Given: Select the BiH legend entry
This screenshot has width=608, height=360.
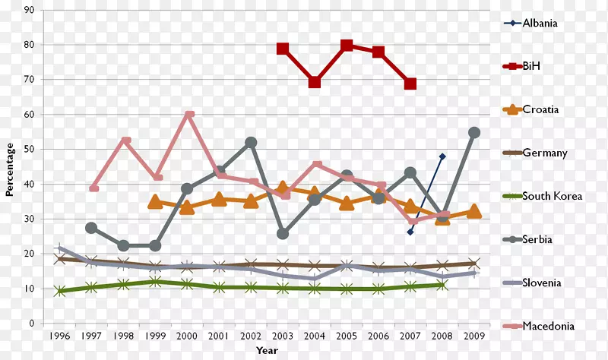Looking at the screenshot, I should (x=531, y=66).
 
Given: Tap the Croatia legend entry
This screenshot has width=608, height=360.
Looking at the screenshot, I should (x=540, y=109).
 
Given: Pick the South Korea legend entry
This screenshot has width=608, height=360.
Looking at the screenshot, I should (x=552, y=196).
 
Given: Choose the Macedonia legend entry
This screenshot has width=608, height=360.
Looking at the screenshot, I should (x=548, y=326).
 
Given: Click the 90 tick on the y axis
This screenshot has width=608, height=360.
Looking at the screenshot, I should (x=29, y=10).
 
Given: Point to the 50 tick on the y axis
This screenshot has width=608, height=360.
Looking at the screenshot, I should (x=29, y=150).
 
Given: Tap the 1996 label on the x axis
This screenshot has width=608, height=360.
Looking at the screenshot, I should (x=59, y=334).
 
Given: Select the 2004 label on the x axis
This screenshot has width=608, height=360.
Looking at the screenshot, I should (x=314, y=334).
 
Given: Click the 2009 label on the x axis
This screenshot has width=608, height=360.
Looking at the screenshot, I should (x=473, y=334).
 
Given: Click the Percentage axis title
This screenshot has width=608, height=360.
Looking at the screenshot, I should (x=10, y=167).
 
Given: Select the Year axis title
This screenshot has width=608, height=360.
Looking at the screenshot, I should (x=266, y=350).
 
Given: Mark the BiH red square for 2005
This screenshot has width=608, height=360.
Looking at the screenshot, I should (x=347, y=46).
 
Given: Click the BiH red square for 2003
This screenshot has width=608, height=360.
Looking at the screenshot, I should (x=283, y=49).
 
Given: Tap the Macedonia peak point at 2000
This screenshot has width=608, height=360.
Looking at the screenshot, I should (x=188, y=115).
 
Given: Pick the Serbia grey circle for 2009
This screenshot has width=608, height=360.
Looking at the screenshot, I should (x=474, y=132).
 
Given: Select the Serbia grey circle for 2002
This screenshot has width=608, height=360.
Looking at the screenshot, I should (x=251, y=142).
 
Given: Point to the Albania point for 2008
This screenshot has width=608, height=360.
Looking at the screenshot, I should (x=442, y=156).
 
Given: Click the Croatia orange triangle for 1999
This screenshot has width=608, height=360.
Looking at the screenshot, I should (x=155, y=202).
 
